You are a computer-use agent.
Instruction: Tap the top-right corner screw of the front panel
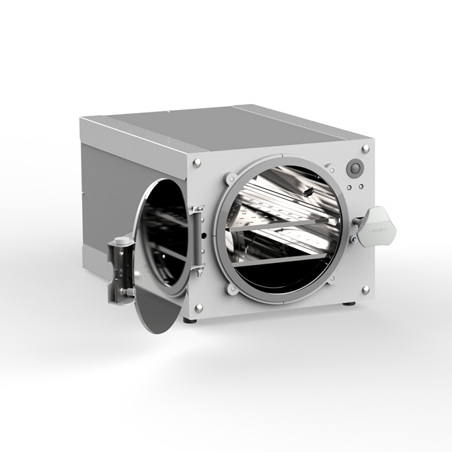(x=366, y=148)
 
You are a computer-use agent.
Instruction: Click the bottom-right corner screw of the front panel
(x=365, y=289)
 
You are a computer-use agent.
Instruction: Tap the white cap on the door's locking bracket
(x=121, y=241)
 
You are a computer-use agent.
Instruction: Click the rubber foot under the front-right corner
(x=349, y=303)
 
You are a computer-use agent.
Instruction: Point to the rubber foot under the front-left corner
(x=190, y=319)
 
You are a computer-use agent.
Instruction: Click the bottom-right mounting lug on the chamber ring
(x=333, y=279)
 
